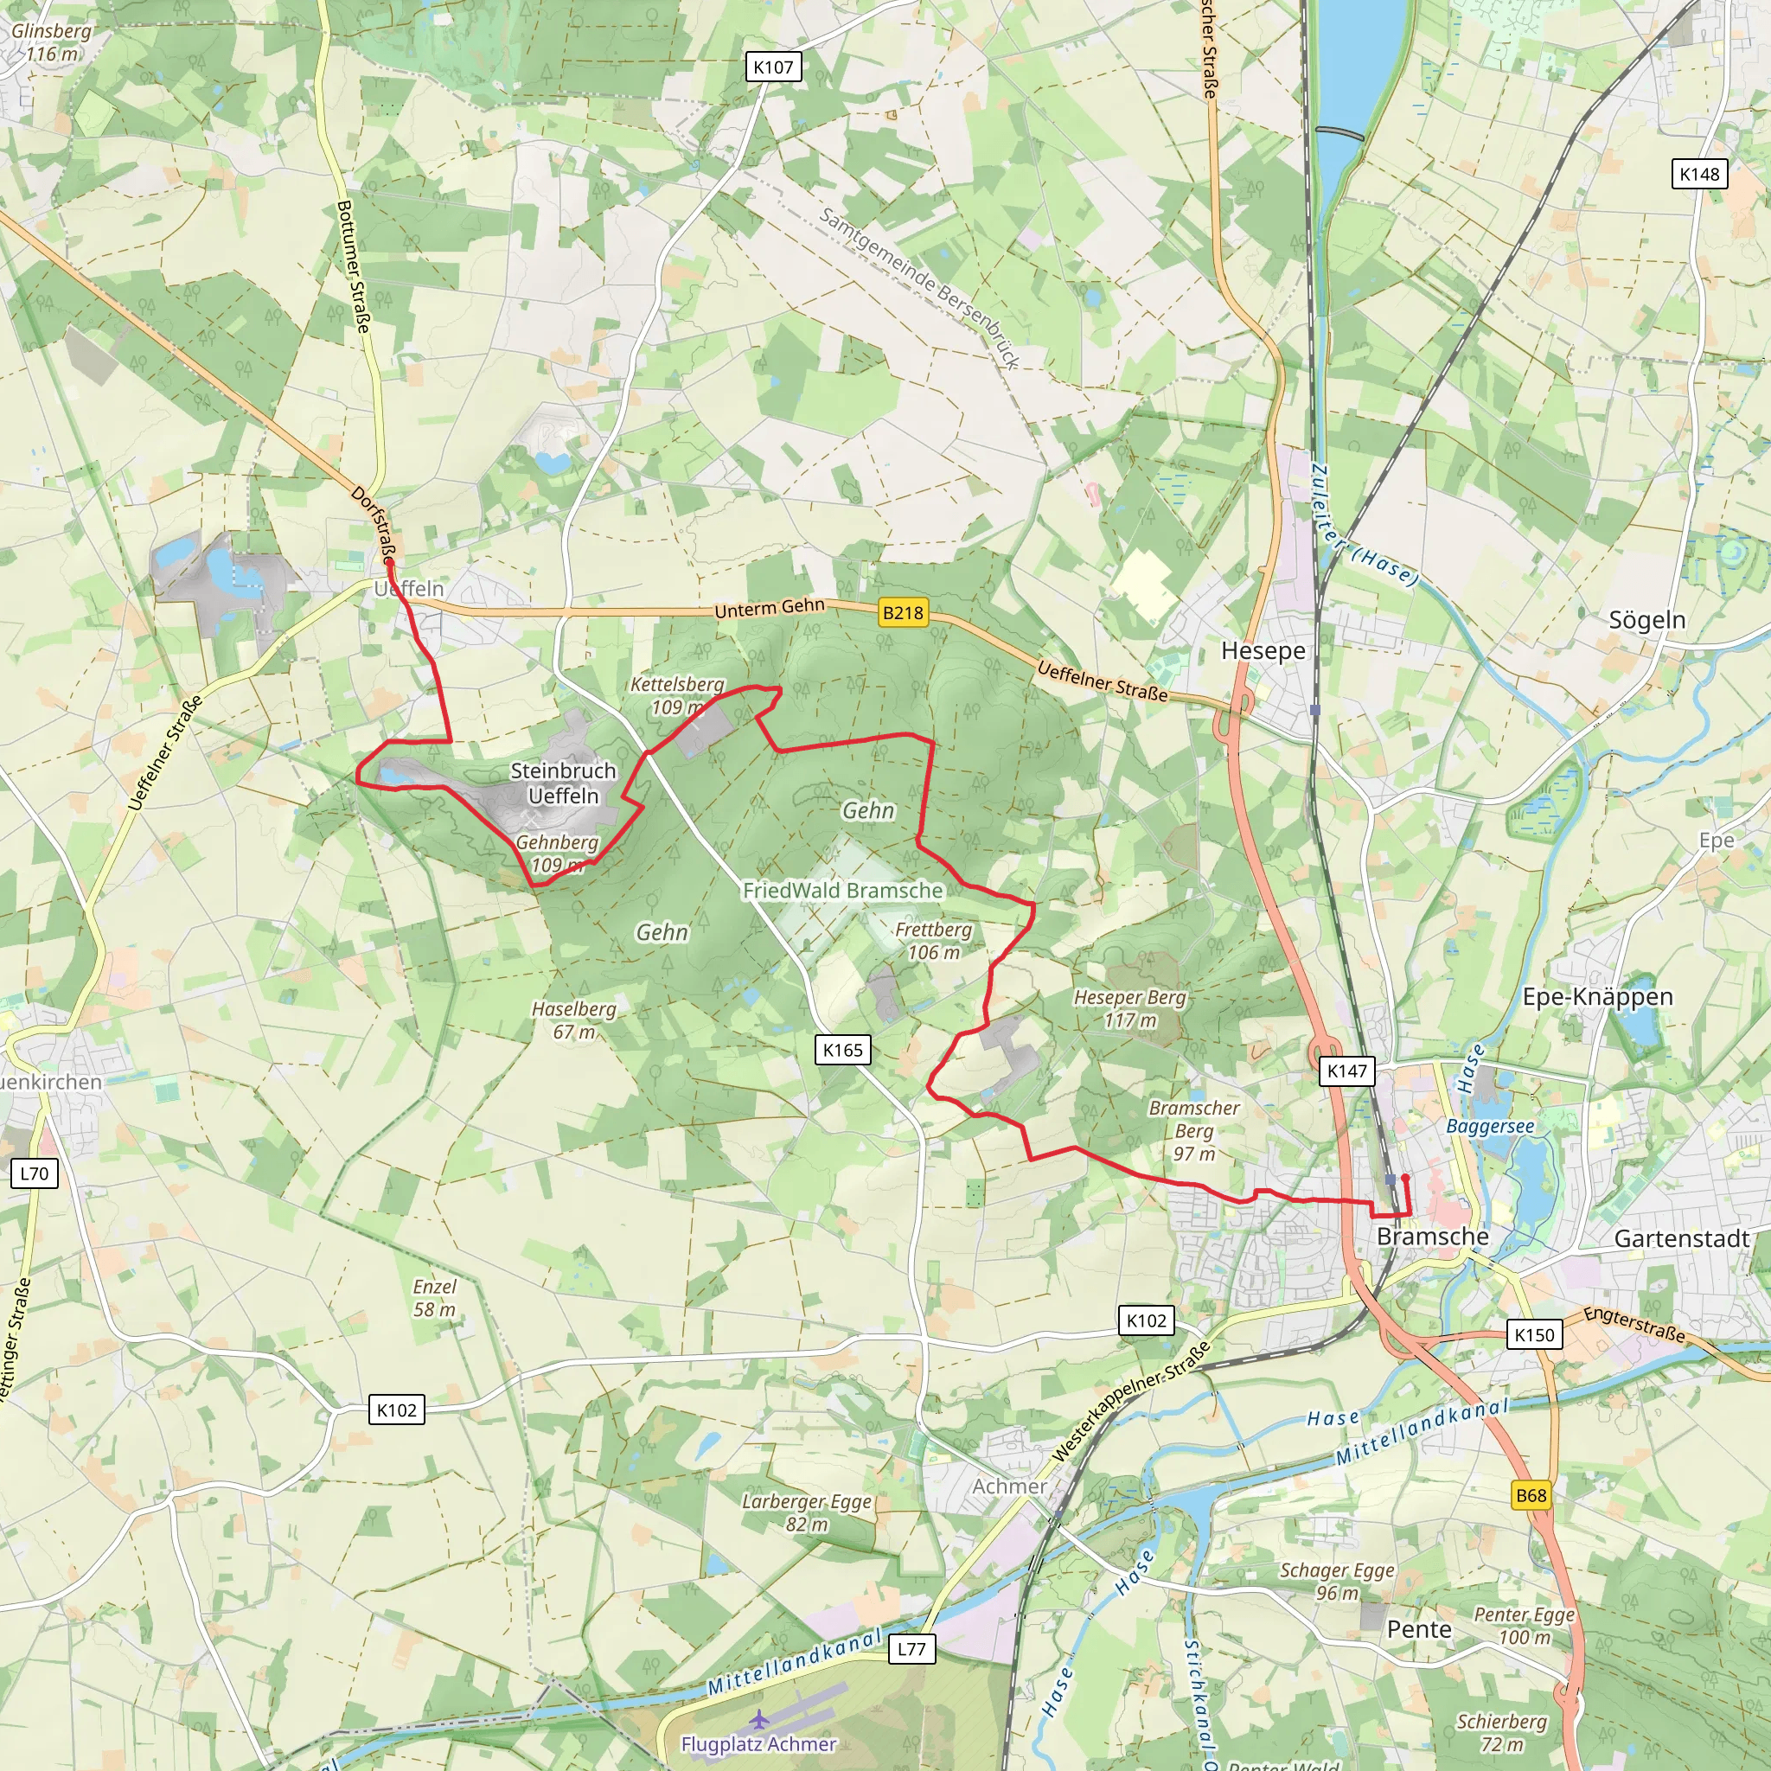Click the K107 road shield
click(773, 67)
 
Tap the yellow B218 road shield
click(902, 612)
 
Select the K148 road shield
click(1699, 174)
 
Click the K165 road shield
click(842, 1050)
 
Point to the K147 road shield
click(1346, 1071)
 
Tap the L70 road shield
click(34, 1173)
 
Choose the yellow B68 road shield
click(1531, 1495)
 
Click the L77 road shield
click(911, 1649)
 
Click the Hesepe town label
click(1263, 651)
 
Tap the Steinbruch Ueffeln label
click(563, 783)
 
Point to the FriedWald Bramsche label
click(842, 890)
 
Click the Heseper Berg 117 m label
click(1129, 1008)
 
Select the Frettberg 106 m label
click(933, 941)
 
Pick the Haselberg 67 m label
click(574, 1020)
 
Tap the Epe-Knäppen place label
click(1598, 997)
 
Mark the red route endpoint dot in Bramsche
click(1405, 1178)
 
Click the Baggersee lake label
click(1490, 1126)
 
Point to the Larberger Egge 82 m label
click(807, 1512)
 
